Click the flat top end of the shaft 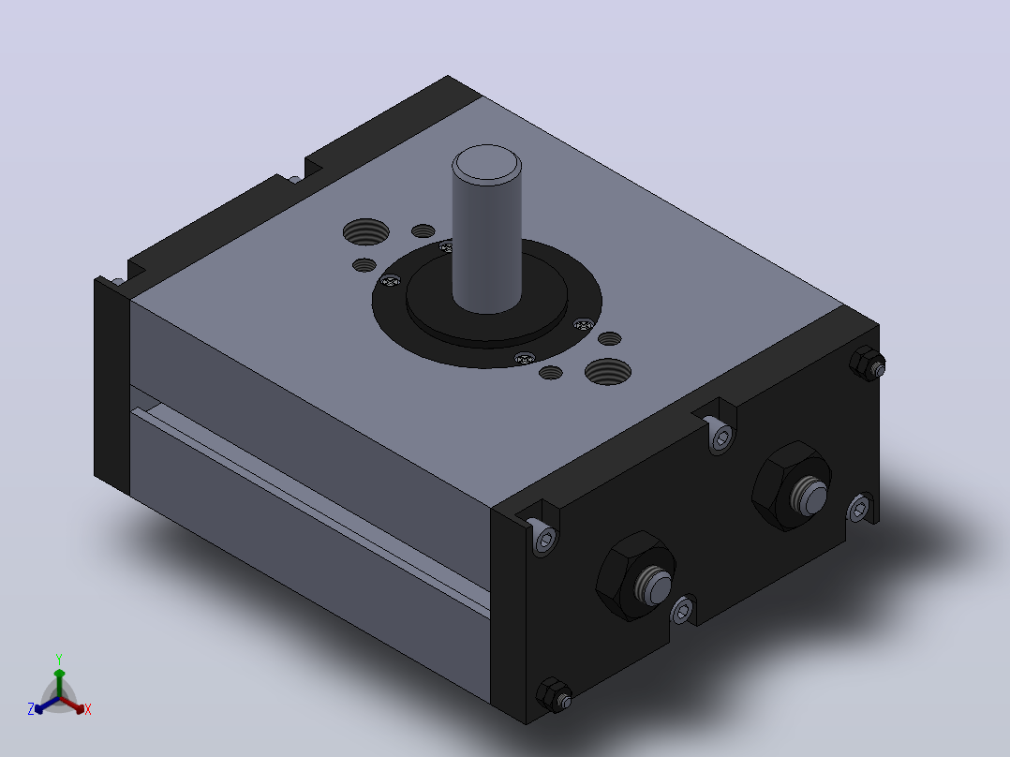point(486,162)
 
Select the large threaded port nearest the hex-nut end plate point(607,372)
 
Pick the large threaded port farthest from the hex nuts point(365,232)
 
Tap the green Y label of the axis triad point(59,659)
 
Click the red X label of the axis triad point(88,709)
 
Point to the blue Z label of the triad point(31,709)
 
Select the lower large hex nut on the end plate point(635,576)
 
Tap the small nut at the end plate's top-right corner point(867,364)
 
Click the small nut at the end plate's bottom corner point(554,695)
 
